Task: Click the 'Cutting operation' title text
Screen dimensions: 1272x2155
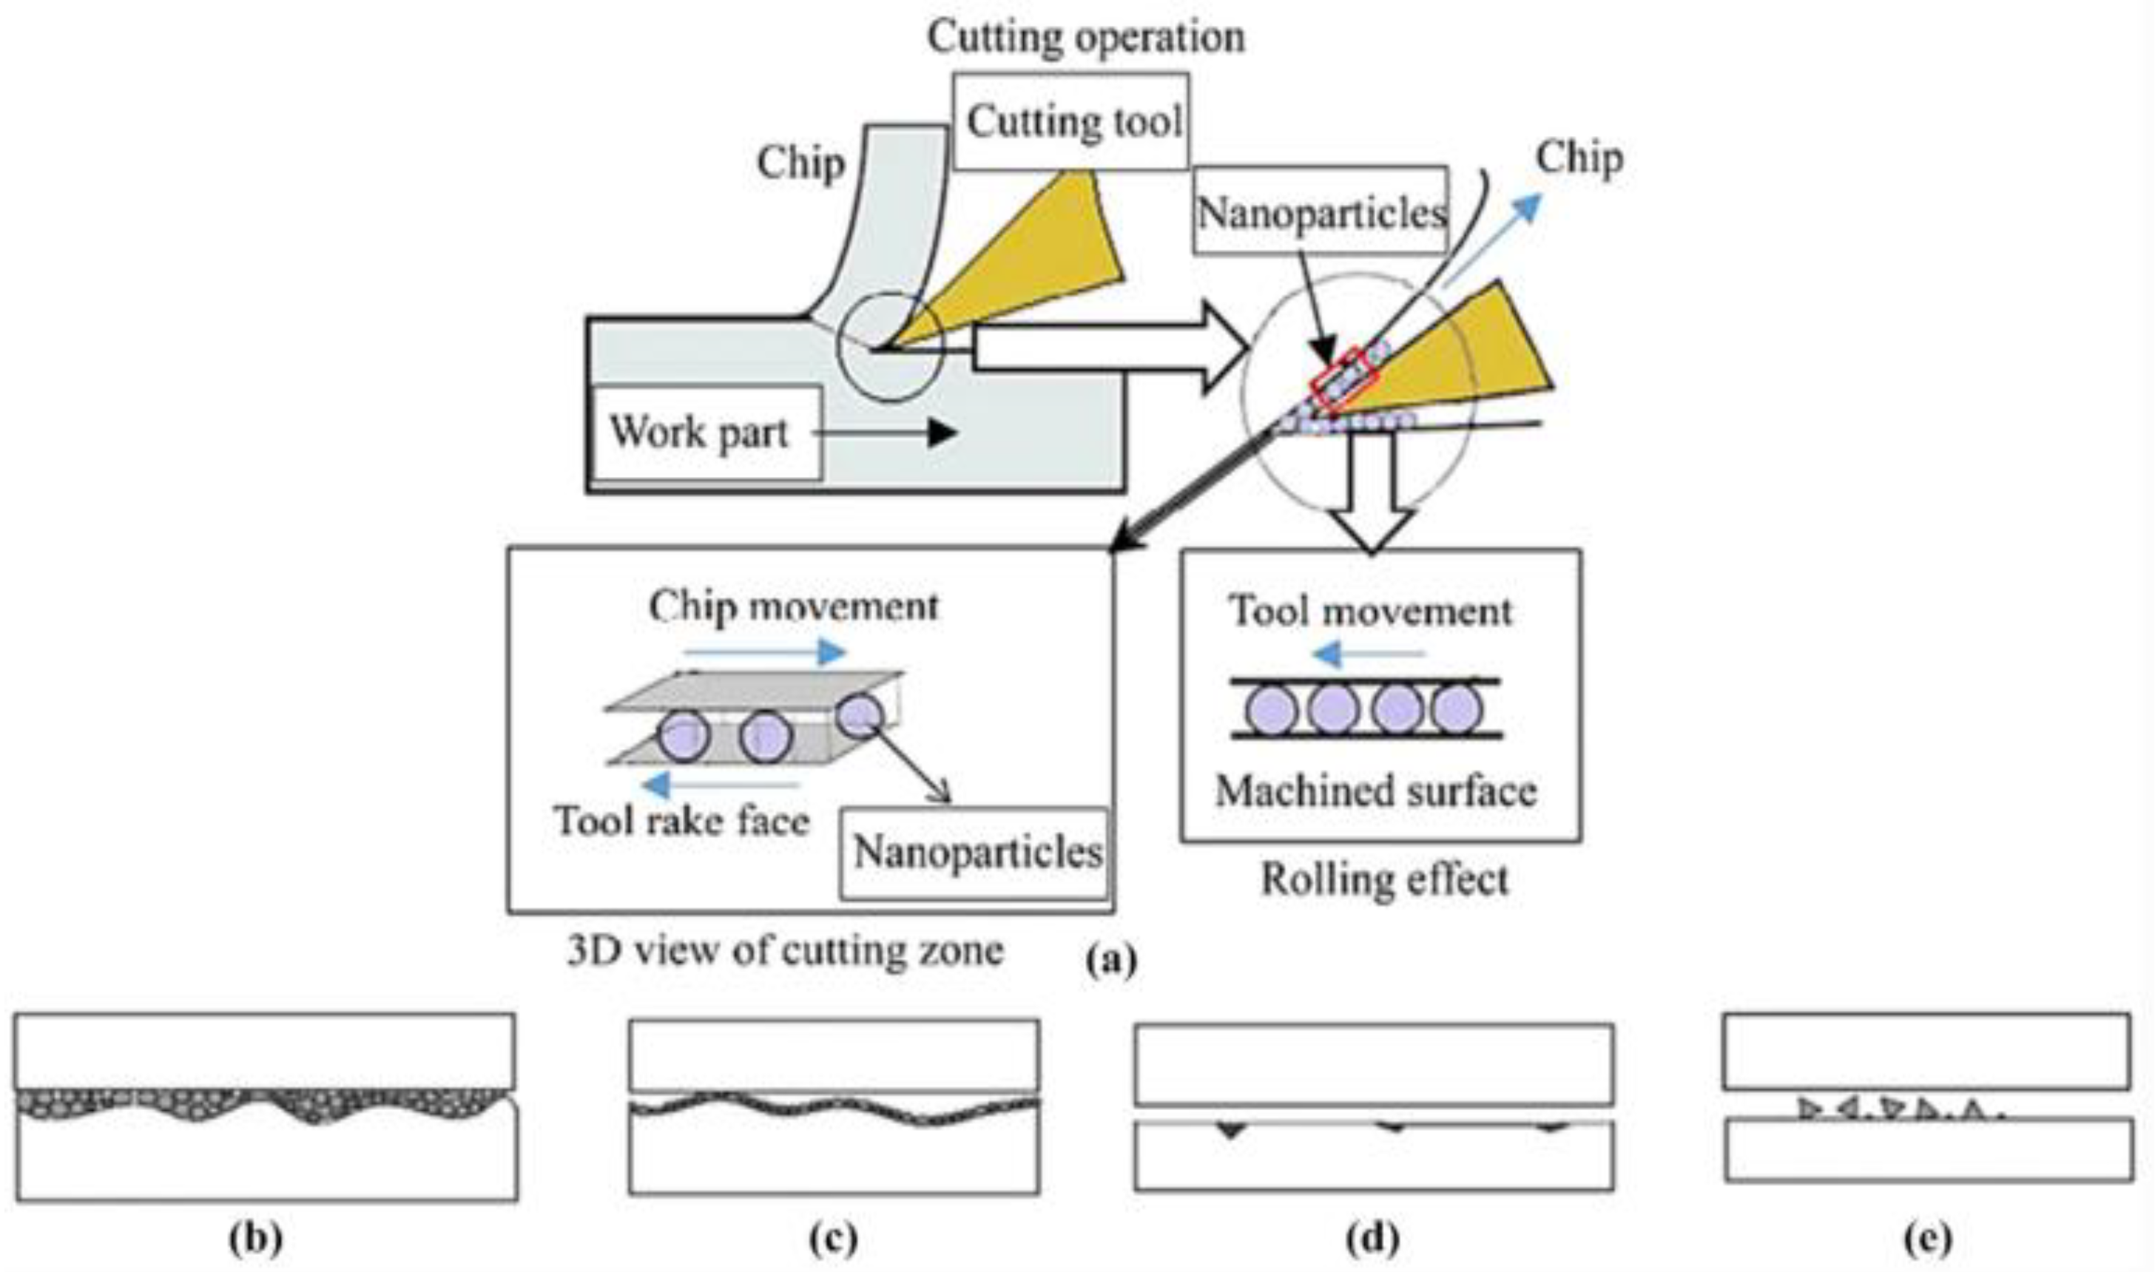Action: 1085,37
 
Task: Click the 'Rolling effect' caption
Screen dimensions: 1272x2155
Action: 1383,880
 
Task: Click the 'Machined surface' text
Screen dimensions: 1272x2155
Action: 1376,791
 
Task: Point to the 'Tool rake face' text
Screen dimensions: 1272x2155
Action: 681,820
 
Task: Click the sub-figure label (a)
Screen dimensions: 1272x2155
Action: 1111,961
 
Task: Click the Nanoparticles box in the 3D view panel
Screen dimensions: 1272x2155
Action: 976,852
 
